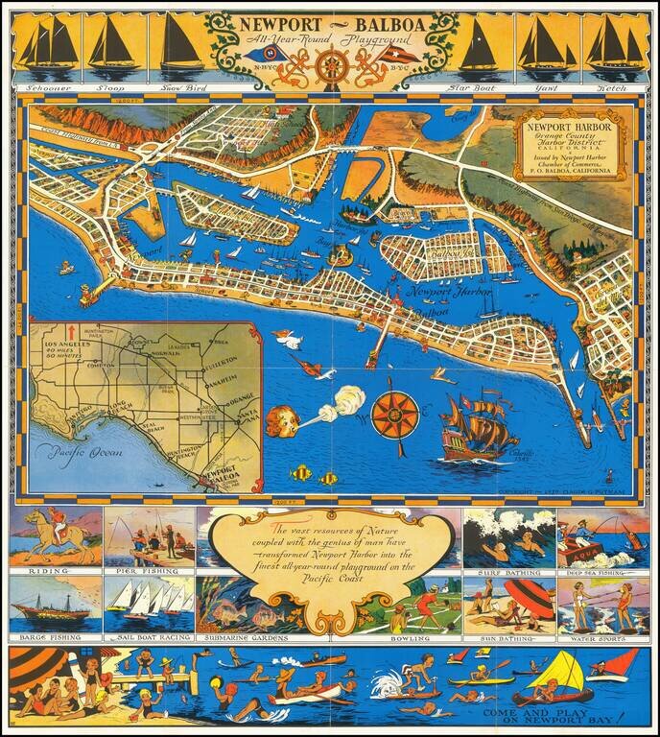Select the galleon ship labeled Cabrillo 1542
click(x=477, y=425)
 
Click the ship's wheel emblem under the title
click(x=331, y=68)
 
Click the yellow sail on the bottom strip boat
click(x=567, y=667)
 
